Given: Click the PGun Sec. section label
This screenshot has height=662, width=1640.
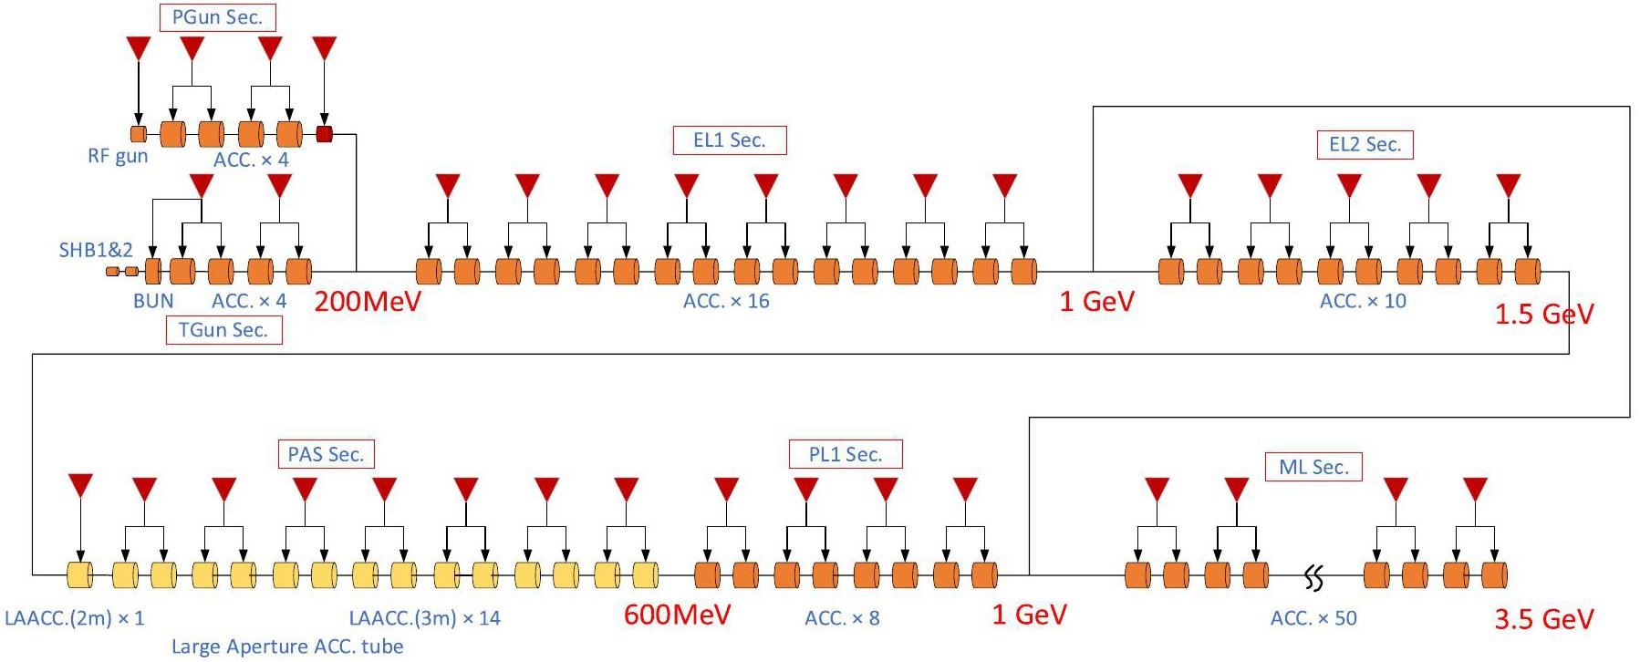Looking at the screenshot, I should tap(217, 17).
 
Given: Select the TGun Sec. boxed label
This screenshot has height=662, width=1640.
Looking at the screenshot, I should tap(223, 330).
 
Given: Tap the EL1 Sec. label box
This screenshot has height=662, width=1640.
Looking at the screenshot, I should tap(729, 140).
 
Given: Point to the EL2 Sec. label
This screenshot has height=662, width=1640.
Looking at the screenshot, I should tap(1365, 144).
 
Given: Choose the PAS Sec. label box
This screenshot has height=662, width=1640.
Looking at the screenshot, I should tap(326, 454).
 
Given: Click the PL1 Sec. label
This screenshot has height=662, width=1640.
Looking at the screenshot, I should tap(846, 454).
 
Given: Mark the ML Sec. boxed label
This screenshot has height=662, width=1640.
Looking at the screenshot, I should tap(1313, 467).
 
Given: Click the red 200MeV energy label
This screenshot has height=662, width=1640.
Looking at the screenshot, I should tap(368, 302).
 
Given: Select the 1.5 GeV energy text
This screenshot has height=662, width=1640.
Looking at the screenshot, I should tap(1543, 315).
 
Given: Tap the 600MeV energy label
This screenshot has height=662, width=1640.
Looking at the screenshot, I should tap(677, 615).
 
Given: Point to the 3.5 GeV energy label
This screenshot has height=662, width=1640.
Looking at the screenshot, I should tap(1543, 620).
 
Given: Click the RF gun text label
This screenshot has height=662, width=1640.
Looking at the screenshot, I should tap(117, 156).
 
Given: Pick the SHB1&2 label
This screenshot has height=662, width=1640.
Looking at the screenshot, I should tap(96, 250).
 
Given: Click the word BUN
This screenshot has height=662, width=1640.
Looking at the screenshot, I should tap(153, 301).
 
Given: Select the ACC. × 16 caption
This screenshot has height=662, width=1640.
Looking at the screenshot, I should tap(726, 301).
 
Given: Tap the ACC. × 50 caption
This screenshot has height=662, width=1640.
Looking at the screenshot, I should tap(1313, 618).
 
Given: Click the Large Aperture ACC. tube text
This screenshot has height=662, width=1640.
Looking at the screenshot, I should tap(287, 647).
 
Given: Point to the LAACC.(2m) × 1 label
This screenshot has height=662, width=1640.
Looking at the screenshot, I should tap(75, 618).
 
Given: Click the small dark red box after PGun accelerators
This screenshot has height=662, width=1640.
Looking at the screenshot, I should tap(324, 135).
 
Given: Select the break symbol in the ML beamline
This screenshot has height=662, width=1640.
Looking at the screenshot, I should tap(1314, 577).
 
